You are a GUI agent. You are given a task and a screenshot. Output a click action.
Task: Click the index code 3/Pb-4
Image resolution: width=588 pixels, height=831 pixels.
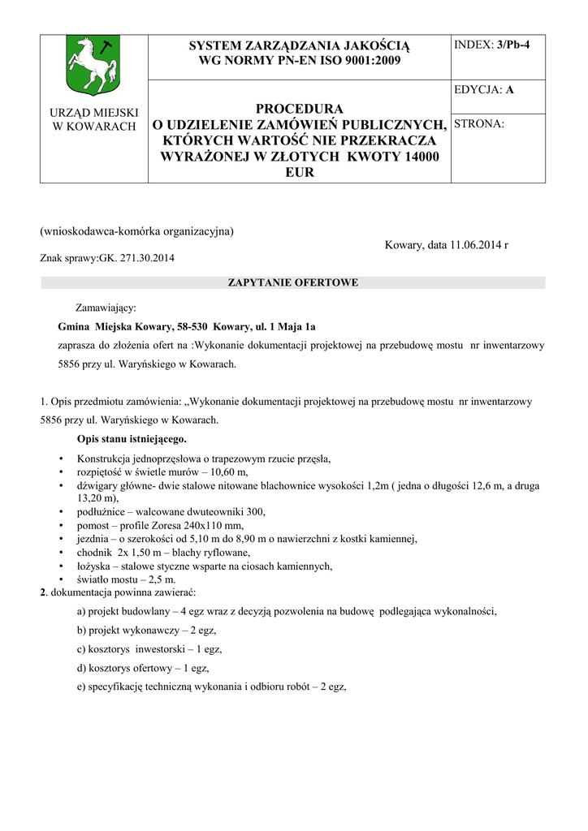point(513,45)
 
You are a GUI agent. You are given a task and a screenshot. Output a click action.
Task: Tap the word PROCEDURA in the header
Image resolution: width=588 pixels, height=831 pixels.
point(300,109)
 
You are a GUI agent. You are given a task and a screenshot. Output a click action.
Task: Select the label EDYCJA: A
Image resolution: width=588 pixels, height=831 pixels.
point(484,90)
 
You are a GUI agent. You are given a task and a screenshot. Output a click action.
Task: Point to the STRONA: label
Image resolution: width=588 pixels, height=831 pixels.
point(479,124)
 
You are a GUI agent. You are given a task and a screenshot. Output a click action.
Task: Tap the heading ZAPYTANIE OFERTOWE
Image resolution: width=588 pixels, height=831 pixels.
point(293,282)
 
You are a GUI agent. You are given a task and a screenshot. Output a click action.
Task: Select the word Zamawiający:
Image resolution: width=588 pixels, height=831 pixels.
point(106,308)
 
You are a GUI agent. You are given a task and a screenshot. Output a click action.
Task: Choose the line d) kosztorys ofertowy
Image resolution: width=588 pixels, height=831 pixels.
point(143,668)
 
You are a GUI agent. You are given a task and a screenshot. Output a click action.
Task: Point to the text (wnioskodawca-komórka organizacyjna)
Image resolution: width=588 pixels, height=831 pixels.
point(137,231)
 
